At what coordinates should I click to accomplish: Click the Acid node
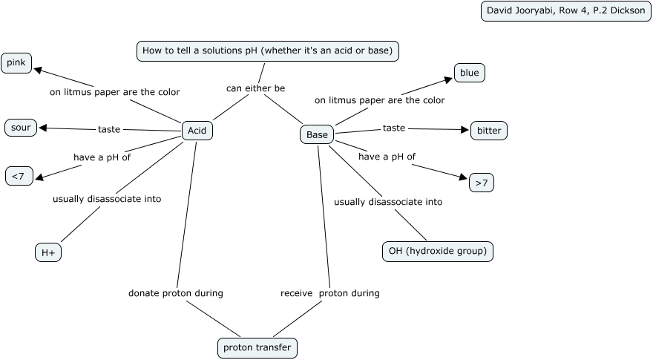[x=197, y=131]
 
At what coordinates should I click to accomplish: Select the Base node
[x=317, y=134]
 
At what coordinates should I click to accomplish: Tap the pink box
[x=16, y=63]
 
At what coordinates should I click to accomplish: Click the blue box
[x=469, y=73]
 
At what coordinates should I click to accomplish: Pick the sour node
[x=21, y=128]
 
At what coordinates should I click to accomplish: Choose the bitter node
[x=489, y=131]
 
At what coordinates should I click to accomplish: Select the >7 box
[x=482, y=182]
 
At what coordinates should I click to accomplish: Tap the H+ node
[x=48, y=252]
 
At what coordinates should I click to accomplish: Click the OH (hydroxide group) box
[x=438, y=251]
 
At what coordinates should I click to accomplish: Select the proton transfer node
[x=257, y=347]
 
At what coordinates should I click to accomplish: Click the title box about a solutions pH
[x=268, y=50]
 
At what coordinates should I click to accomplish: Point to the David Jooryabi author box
[x=565, y=11]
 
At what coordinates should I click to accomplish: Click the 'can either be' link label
[x=255, y=88]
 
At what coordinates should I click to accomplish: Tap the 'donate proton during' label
[x=176, y=293]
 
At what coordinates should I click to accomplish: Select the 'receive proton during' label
[x=329, y=293]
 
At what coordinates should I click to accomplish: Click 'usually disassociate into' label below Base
[x=388, y=202]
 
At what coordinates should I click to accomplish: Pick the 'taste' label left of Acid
[x=109, y=129]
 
